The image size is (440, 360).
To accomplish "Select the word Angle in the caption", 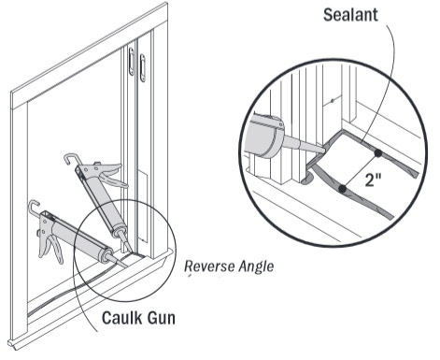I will point(254,268).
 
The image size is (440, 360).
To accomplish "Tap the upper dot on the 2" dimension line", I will point(376,151).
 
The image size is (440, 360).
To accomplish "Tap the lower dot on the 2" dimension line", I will point(343,190).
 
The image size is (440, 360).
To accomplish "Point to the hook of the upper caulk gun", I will point(71,160).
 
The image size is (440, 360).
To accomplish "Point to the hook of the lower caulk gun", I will point(35,207).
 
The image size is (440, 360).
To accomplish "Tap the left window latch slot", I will point(129,62).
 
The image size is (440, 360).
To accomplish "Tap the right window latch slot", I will point(142,67).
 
